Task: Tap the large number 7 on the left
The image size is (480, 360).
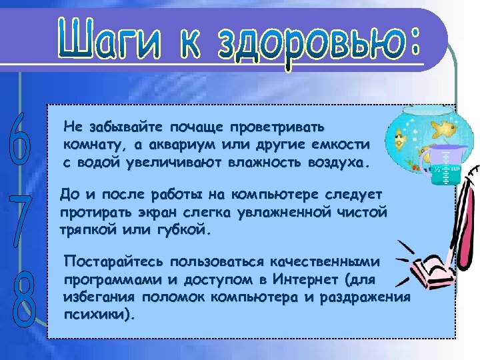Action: tap(21, 216)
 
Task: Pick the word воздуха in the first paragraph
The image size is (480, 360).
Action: tap(340, 162)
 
